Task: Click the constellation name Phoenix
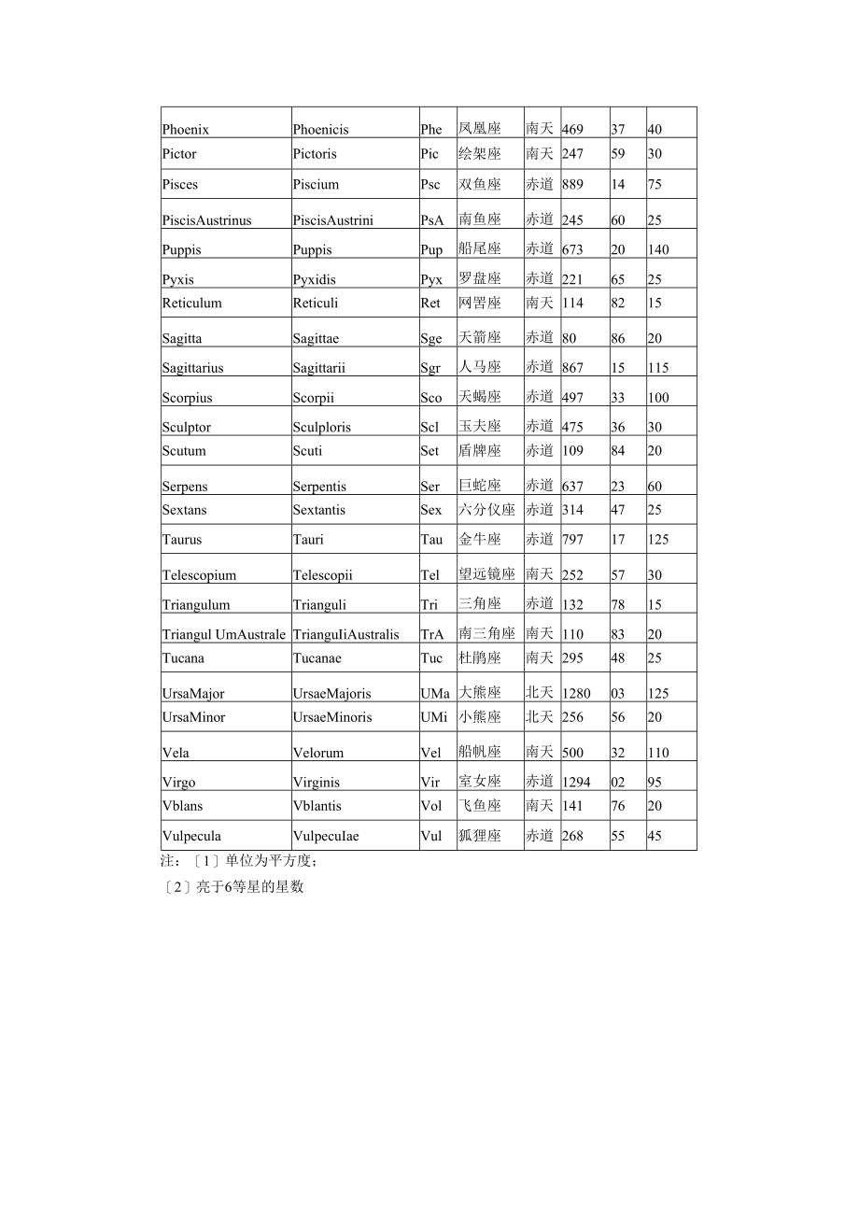[185, 130]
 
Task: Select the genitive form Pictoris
[315, 154]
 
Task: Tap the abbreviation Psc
[429, 185]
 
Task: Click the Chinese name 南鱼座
[480, 219]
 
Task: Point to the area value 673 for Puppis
[572, 249]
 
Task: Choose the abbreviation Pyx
[430, 279]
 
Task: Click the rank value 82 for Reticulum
[618, 304]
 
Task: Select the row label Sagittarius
[192, 368]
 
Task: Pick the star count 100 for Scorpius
[658, 398]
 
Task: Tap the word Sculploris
[322, 427]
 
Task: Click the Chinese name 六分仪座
[486, 510]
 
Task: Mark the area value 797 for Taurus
[572, 540]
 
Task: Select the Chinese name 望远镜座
[486, 574]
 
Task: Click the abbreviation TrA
[431, 634]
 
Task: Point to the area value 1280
[576, 694]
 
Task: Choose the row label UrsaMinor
[193, 717]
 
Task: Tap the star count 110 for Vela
[658, 753]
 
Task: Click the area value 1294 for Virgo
[576, 783]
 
